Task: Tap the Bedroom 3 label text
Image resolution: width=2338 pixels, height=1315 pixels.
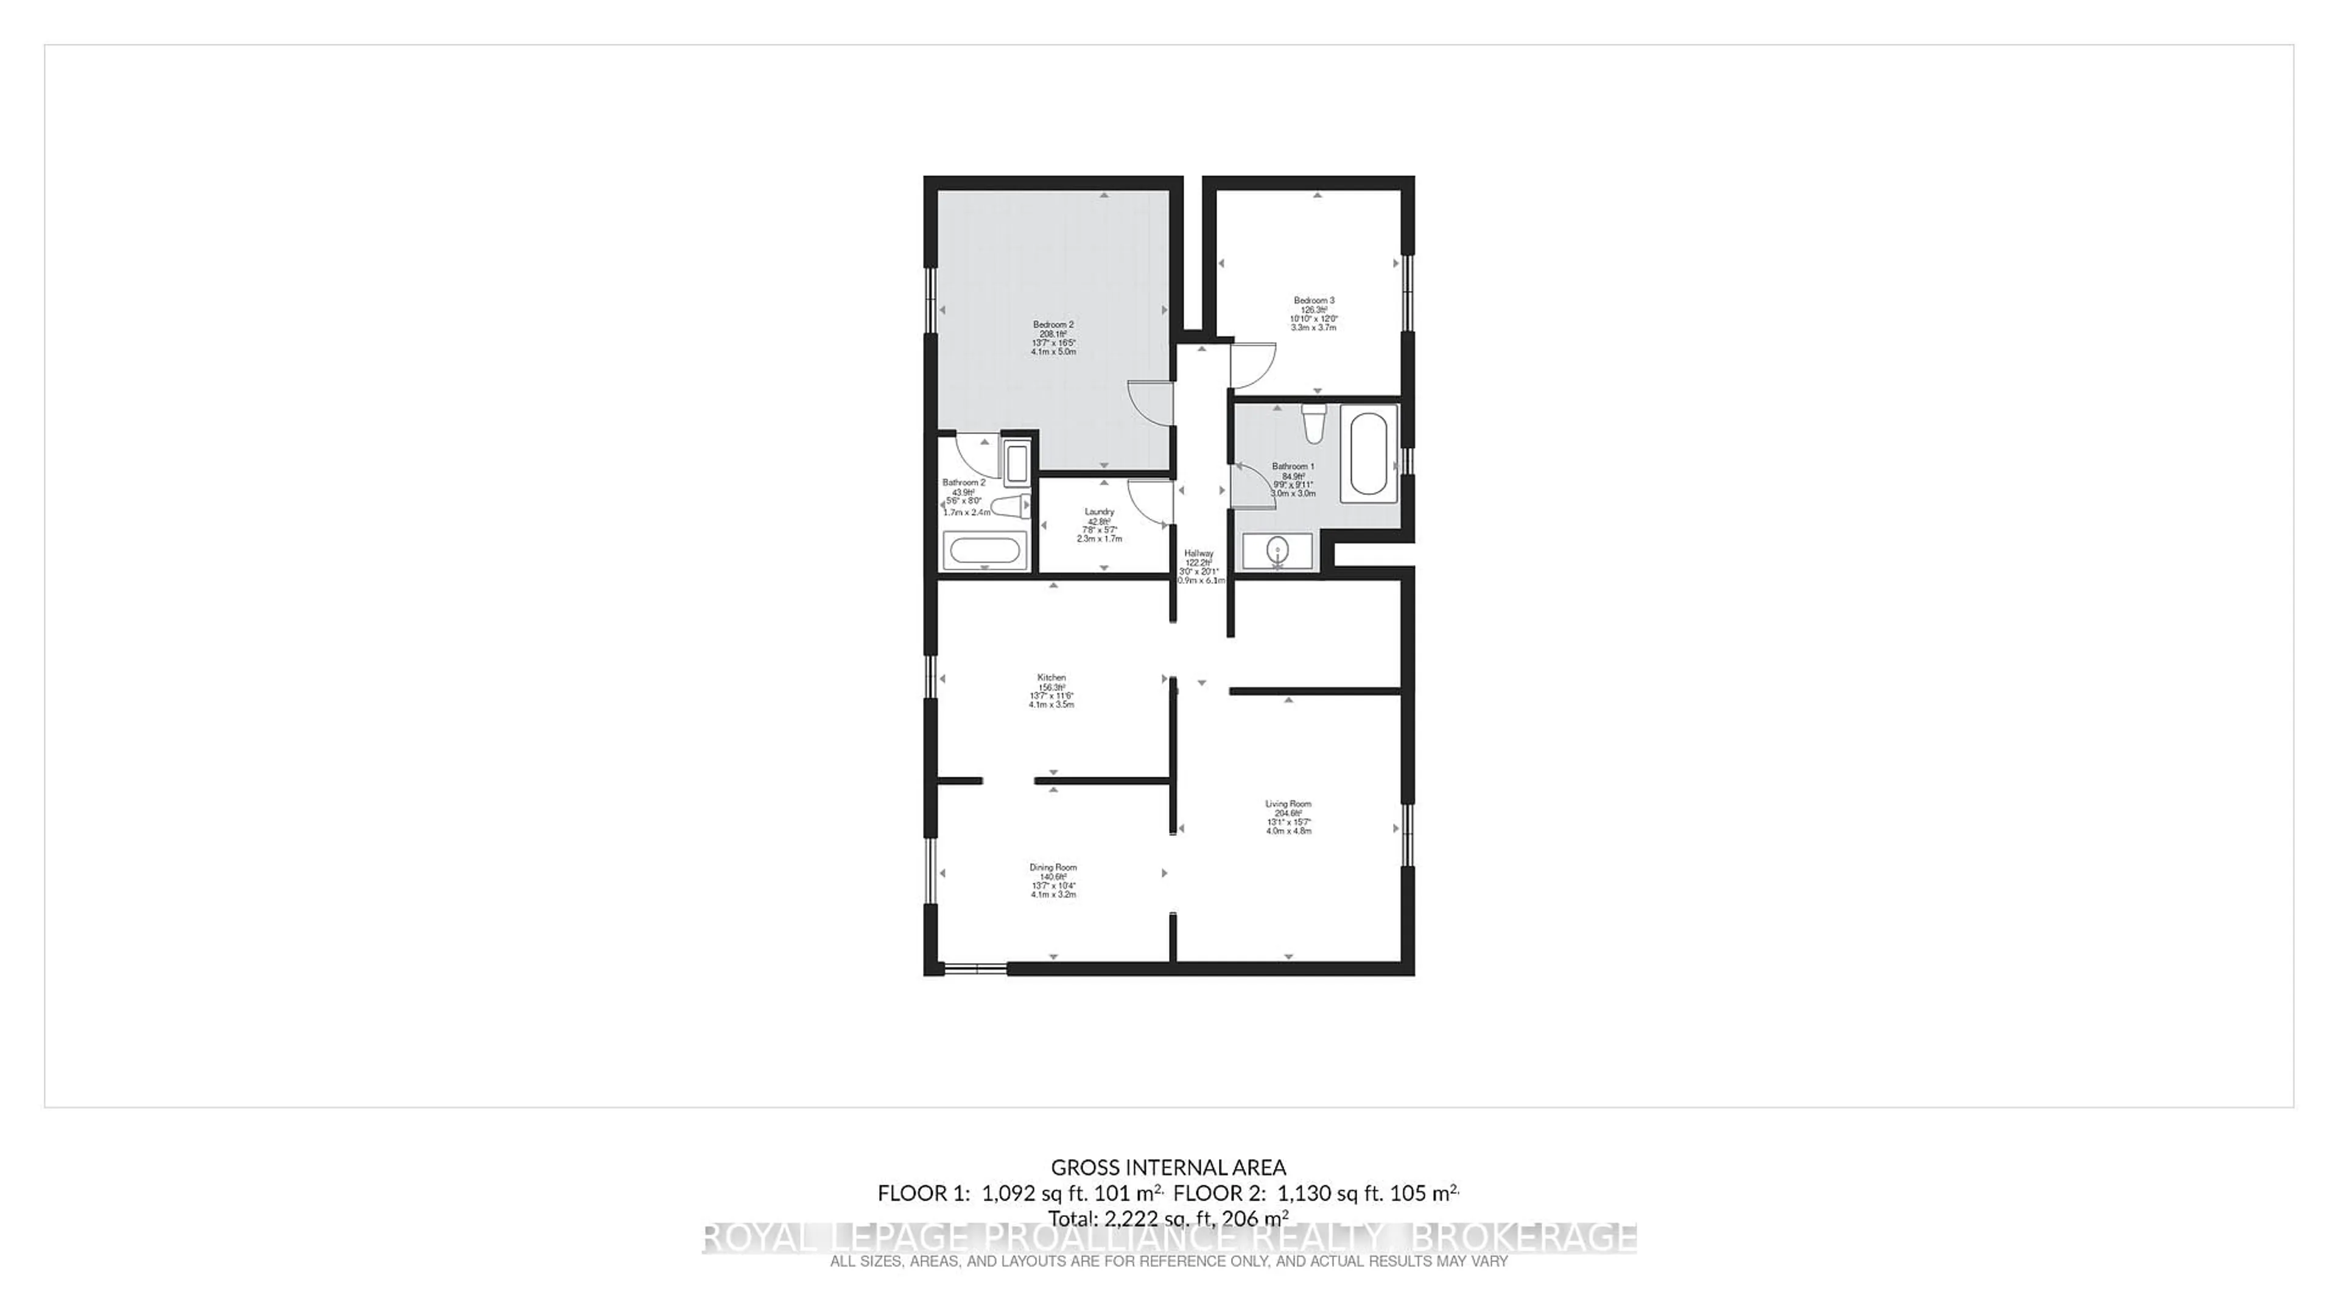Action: pyautogui.click(x=1313, y=300)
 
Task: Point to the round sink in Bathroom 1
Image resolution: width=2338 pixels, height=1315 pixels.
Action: pyautogui.click(x=1277, y=550)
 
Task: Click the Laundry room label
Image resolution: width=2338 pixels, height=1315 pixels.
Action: pyautogui.click(x=1099, y=512)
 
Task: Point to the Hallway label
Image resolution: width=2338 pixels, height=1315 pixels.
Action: pyautogui.click(x=1198, y=553)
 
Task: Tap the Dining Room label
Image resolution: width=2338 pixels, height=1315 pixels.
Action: pyautogui.click(x=1053, y=868)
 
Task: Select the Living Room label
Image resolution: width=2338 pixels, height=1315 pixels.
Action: pyautogui.click(x=1288, y=804)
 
